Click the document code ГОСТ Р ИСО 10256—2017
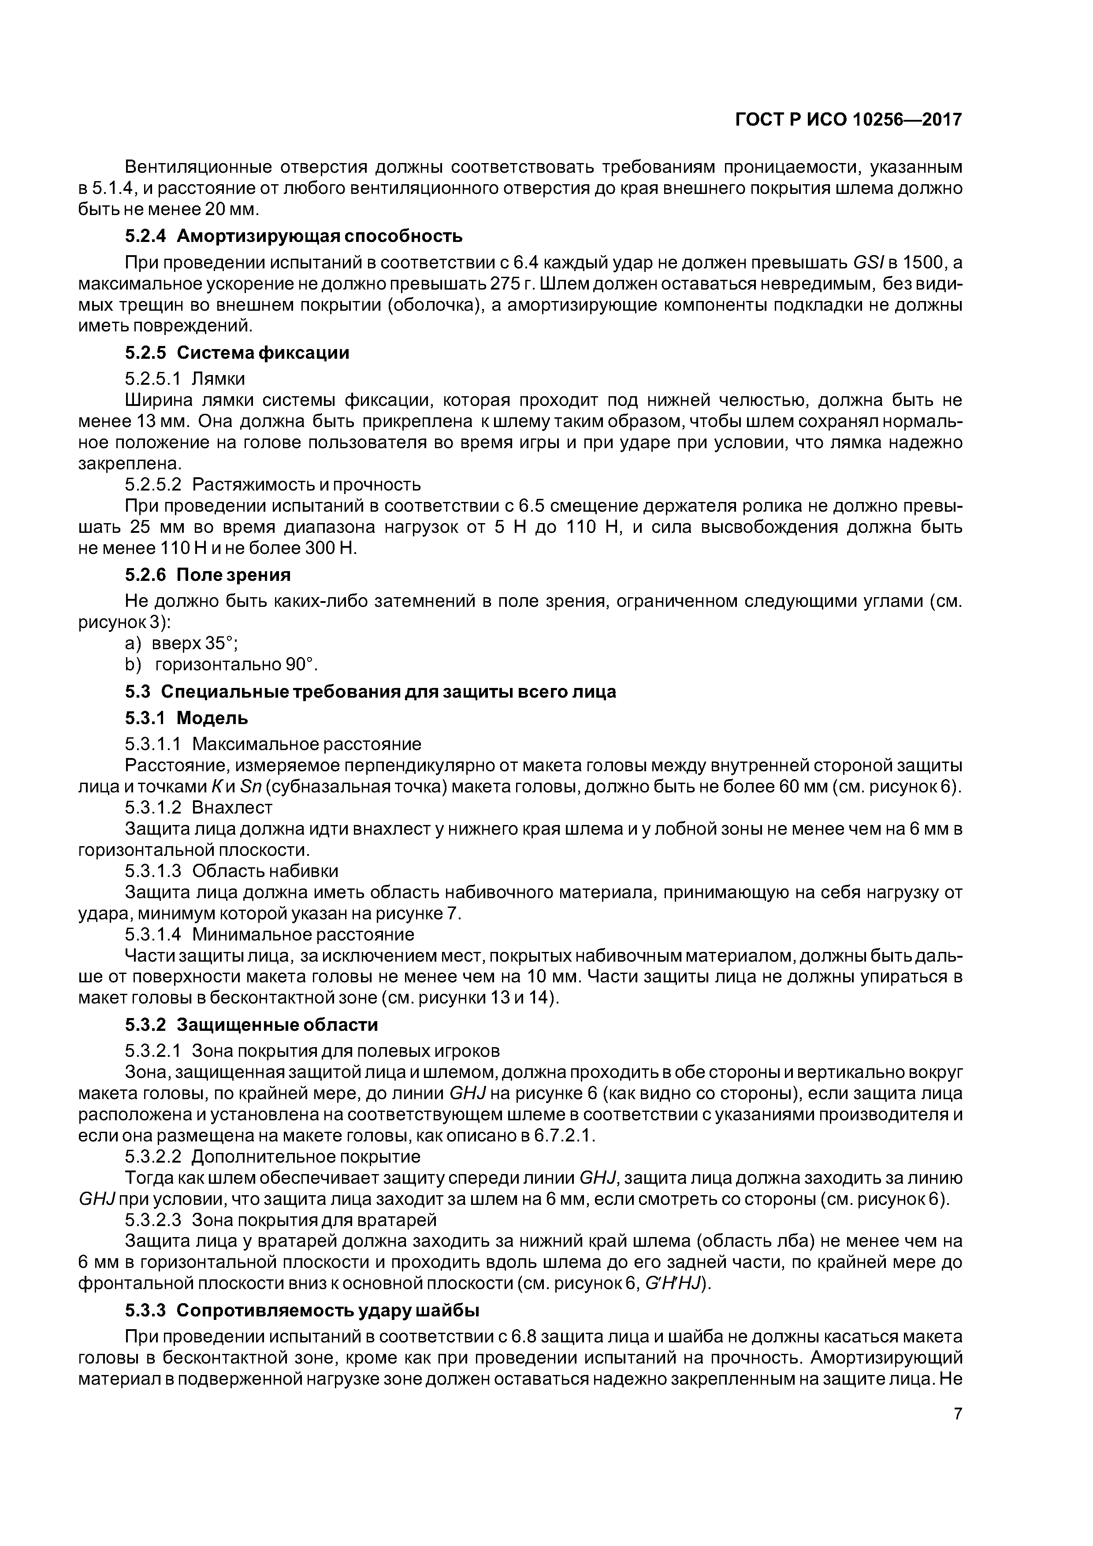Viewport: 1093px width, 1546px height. pyautogui.click(x=848, y=120)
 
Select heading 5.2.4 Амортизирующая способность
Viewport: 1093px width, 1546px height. pyautogui.click(x=294, y=236)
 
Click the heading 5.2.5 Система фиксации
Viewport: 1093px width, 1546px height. pyautogui.click(x=237, y=353)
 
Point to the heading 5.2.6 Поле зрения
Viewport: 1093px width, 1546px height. pyautogui.click(x=208, y=574)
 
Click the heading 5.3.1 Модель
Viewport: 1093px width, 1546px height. pyautogui.click(x=186, y=718)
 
